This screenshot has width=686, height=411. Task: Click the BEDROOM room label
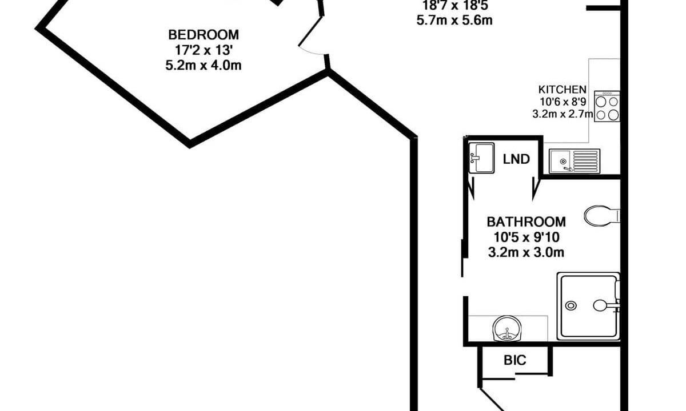click(x=204, y=35)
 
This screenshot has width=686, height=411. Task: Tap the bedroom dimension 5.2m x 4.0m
click(x=204, y=66)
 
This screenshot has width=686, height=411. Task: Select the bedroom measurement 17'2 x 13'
click(x=204, y=50)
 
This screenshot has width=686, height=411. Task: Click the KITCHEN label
click(x=563, y=90)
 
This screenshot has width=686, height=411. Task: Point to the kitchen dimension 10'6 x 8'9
click(x=563, y=102)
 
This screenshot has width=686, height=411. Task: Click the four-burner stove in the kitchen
click(x=607, y=106)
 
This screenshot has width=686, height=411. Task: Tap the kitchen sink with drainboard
click(x=574, y=161)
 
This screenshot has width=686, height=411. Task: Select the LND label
click(x=516, y=159)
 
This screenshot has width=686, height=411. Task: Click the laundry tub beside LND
click(x=481, y=158)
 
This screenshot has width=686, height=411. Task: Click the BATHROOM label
click(x=526, y=222)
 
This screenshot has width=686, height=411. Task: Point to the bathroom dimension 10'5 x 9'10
click(x=526, y=237)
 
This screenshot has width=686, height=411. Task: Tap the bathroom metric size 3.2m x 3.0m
click(x=526, y=252)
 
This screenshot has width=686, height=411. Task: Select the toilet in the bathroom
click(x=602, y=216)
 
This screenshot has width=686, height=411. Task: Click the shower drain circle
click(x=571, y=305)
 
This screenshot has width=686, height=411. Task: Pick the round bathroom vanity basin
click(x=507, y=328)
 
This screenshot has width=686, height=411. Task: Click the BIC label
click(x=515, y=360)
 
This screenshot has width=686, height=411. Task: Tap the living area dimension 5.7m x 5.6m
click(x=454, y=21)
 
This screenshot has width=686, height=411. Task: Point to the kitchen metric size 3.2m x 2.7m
click(x=563, y=114)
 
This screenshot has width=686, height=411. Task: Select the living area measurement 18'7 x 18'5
click(x=456, y=5)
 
